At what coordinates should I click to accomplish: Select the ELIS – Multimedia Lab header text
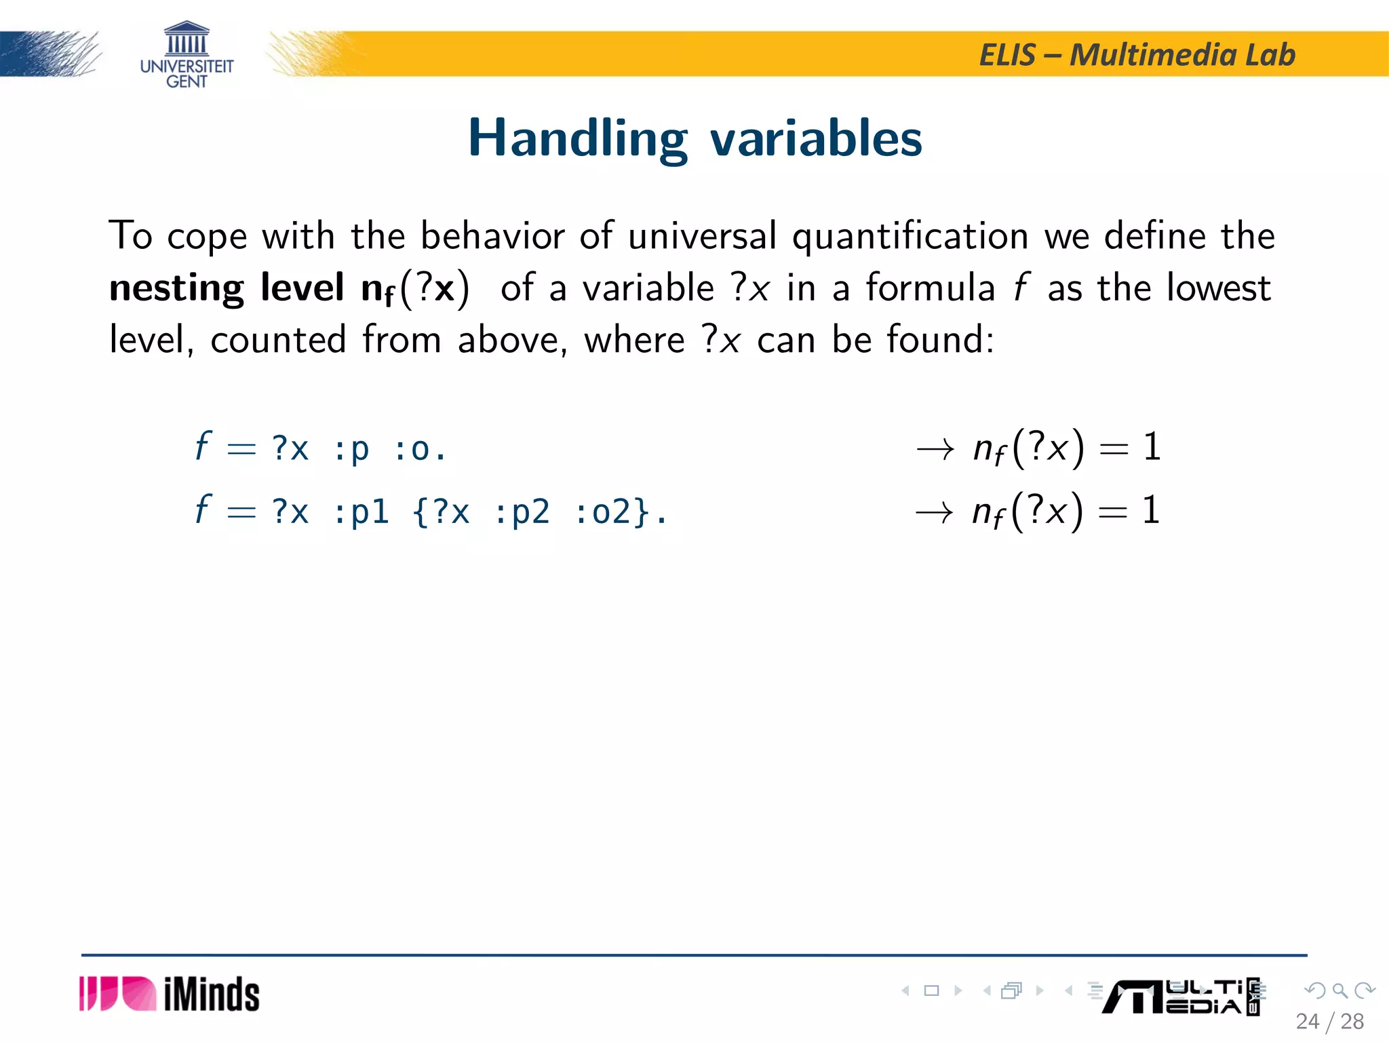1137,55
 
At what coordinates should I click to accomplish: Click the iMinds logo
170,994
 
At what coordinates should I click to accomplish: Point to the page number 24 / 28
1329,1021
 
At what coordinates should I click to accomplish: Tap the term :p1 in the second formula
361,512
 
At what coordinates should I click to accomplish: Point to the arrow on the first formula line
935,449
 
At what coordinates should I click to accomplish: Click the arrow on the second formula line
934,512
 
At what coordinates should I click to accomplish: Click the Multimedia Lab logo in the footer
1180,997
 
